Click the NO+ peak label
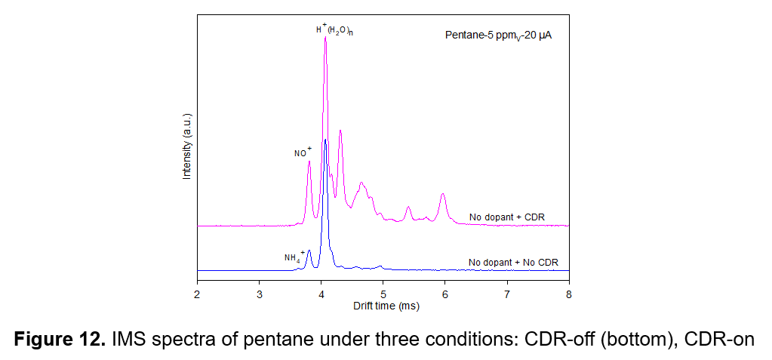click(x=303, y=152)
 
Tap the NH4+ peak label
click(x=294, y=256)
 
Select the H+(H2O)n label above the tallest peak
click(x=334, y=29)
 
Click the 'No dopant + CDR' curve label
click(x=501, y=216)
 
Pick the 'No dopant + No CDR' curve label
click(x=513, y=263)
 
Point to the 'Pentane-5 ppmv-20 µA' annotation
click(x=498, y=35)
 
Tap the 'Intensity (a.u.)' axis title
click(x=186, y=146)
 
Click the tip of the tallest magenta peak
click(x=325, y=37)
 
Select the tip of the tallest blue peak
click(x=325, y=140)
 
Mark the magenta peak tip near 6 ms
click(x=443, y=194)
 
